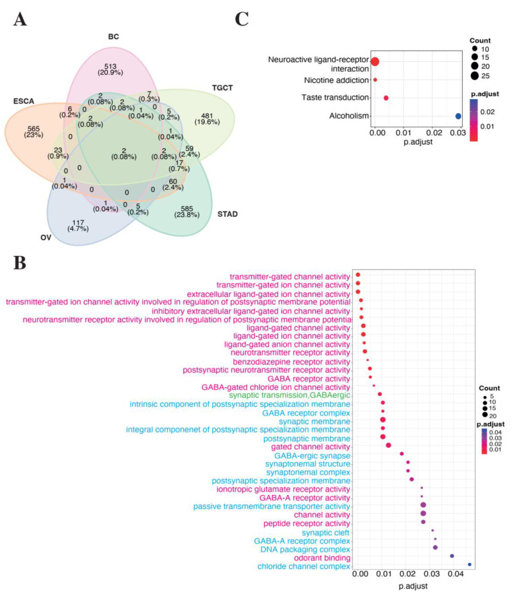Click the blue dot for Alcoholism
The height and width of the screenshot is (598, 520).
tap(458, 116)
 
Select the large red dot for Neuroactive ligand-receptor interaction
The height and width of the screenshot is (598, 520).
tap(375, 62)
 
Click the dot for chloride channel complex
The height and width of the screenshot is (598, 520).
tap(469, 564)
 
